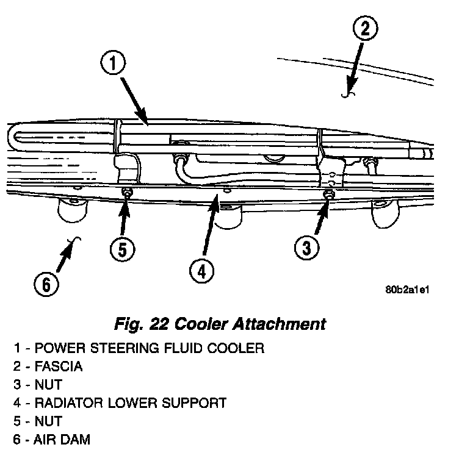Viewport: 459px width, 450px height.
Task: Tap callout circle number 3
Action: [x=307, y=248]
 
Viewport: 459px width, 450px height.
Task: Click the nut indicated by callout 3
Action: [x=328, y=195]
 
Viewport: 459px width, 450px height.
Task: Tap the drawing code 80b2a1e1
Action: [x=408, y=290]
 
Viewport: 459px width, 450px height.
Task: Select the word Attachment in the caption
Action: [x=286, y=323]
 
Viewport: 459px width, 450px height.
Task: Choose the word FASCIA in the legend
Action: [x=59, y=367]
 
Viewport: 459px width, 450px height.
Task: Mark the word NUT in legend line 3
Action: [x=49, y=385]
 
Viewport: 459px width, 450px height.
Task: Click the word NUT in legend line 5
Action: [x=49, y=421]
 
